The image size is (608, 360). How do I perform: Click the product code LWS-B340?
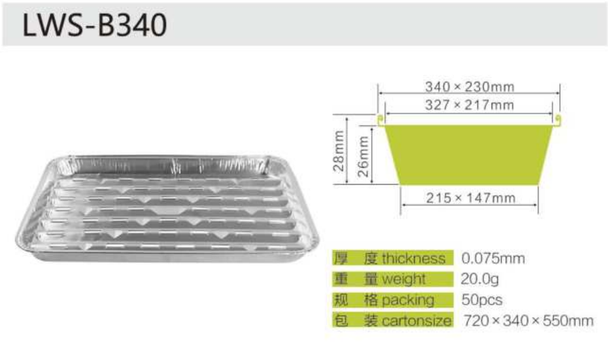coord(94,25)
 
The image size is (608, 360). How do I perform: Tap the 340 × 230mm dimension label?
coord(469,86)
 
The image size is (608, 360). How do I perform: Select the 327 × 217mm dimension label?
coord(469,105)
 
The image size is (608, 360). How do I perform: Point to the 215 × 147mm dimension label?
coord(471,198)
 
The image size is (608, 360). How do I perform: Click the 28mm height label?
coord(338,151)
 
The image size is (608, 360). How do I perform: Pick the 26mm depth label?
coord(363,157)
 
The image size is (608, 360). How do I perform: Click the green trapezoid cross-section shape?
coord(469,155)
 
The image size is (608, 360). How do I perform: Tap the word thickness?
coord(414,259)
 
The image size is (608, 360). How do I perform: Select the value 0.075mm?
coord(493,259)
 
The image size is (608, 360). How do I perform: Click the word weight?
coord(403,280)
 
